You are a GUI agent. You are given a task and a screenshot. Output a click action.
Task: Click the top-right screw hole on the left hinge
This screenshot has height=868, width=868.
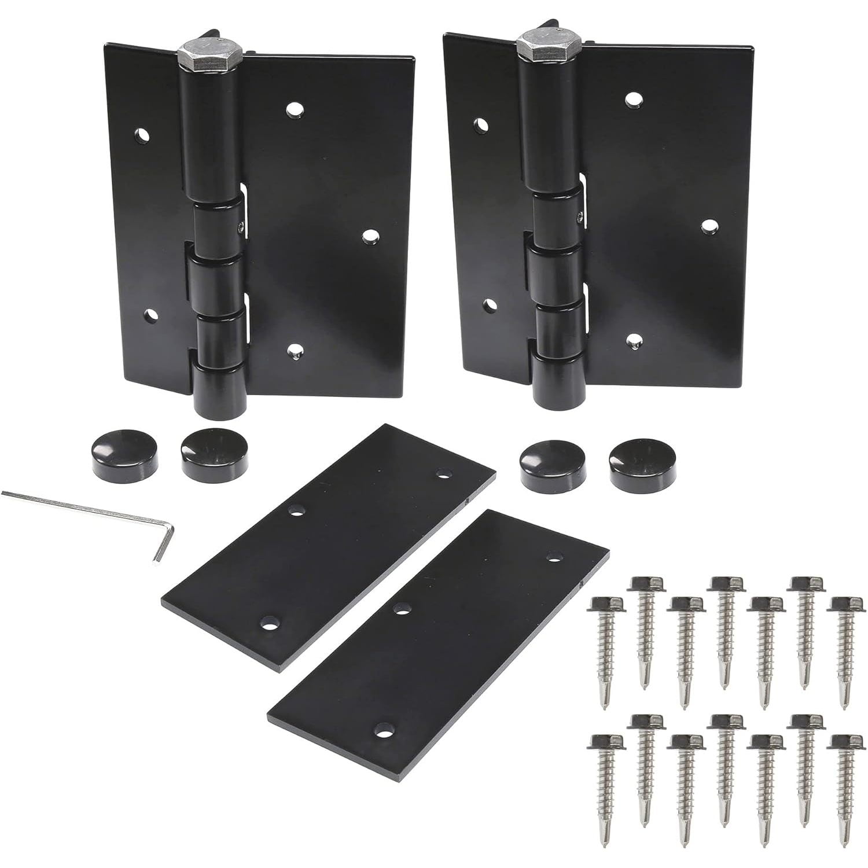point(295,108)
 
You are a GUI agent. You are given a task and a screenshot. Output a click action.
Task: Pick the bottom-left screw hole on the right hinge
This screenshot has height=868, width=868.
point(491,303)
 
